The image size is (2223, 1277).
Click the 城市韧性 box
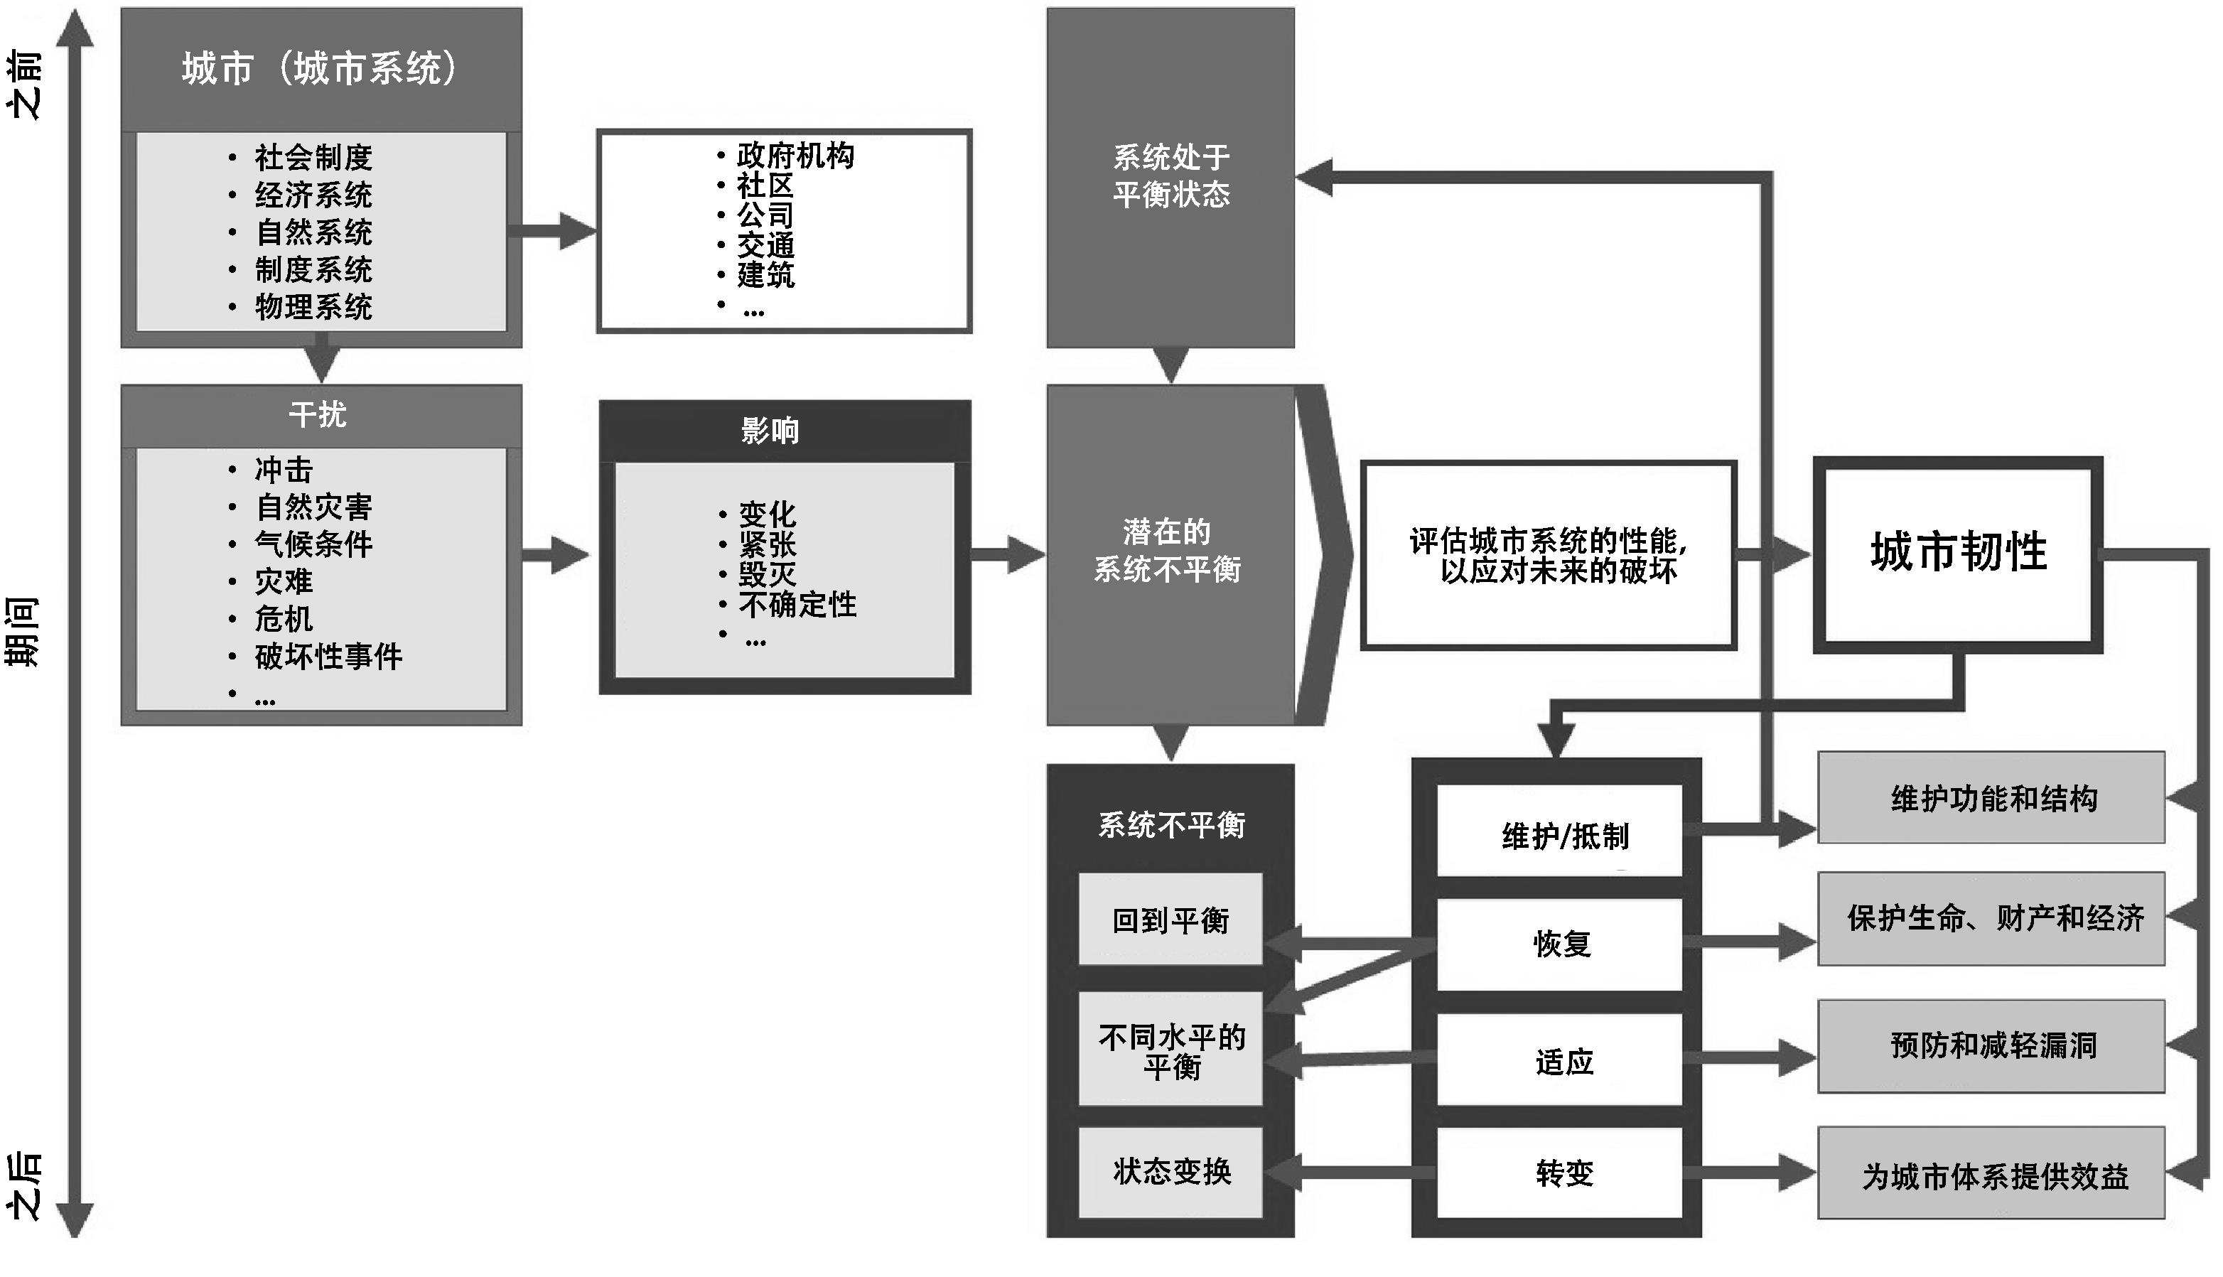click(x=1957, y=554)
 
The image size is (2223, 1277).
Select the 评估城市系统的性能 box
click(x=1548, y=555)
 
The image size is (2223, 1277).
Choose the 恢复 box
click(x=1560, y=944)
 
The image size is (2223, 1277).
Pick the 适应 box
click(x=1560, y=1060)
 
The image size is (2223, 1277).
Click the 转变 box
click(x=1560, y=1173)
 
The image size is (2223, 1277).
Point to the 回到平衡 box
click(x=1170, y=920)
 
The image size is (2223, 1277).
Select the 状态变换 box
click(x=1170, y=1171)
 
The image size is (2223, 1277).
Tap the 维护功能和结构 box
click(x=1991, y=798)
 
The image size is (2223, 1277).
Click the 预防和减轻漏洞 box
click(x=1991, y=1045)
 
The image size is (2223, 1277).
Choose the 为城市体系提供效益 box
click(x=1991, y=1175)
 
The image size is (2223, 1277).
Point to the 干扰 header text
click(x=318, y=414)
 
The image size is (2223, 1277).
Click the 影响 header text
click(x=769, y=431)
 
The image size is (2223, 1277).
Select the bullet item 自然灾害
click(x=313, y=507)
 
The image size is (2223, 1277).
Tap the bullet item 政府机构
click(x=795, y=155)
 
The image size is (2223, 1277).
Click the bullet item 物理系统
click(x=313, y=307)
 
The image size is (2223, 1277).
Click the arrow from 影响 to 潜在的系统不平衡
click(x=1008, y=554)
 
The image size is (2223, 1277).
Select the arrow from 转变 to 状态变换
click(x=1350, y=1172)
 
